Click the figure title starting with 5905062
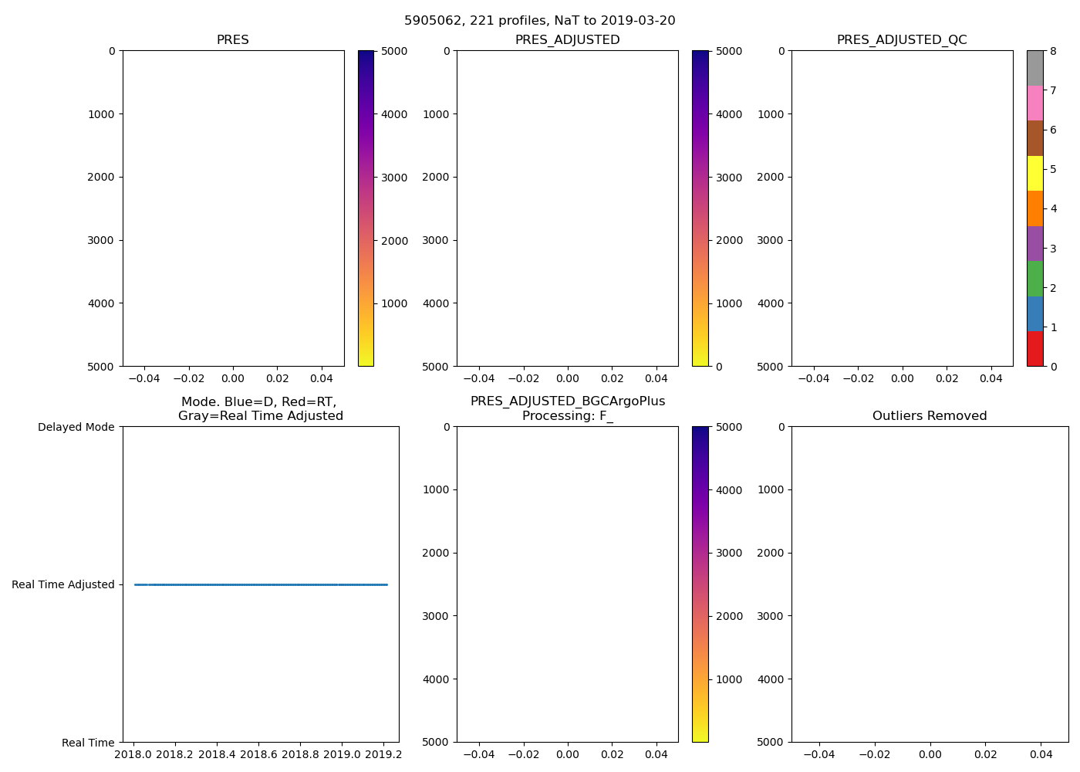click(539, 21)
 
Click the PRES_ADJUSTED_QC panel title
click(901, 40)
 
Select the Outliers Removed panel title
click(929, 416)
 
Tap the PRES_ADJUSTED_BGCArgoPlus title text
click(567, 401)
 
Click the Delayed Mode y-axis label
click(76, 428)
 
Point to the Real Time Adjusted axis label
click(63, 585)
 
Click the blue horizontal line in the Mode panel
click(261, 585)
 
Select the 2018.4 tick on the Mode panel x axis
click(217, 754)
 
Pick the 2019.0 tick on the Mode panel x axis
click(342, 754)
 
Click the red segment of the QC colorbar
click(1034, 349)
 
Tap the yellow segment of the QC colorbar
click(1034, 173)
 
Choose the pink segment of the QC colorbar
click(1034, 103)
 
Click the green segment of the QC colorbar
click(1034, 279)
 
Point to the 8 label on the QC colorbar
click(1053, 52)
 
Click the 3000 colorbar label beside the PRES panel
click(394, 178)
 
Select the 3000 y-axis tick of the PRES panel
click(100, 240)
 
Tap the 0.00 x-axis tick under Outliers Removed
click(930, 754)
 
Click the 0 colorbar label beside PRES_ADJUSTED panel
click(719, 367)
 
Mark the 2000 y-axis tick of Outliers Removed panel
click(770, 553)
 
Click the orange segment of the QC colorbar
click(1034, 208)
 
